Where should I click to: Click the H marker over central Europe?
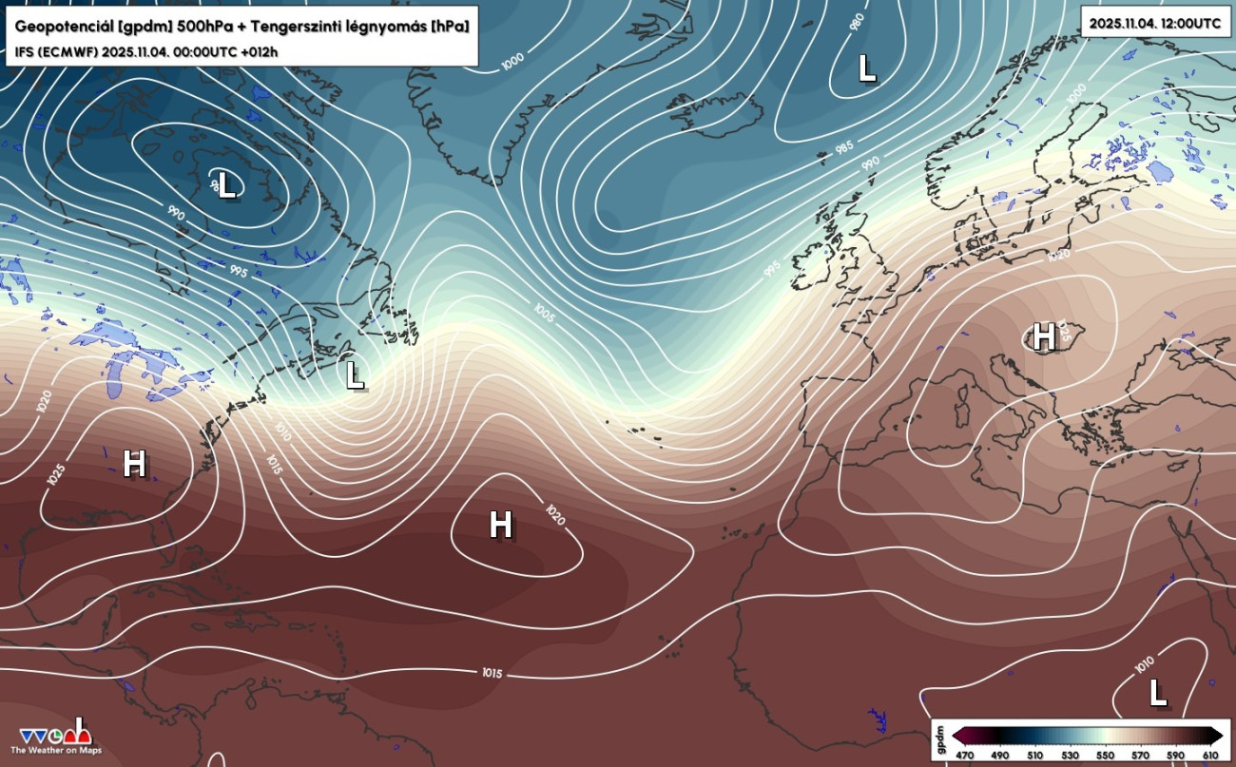[x=1043, y=336]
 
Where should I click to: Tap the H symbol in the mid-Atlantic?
[x=500, y=524]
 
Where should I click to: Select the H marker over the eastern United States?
[x=134, y=464]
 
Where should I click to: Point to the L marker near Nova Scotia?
[x=355, y=374]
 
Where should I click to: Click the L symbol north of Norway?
[x=865, y=67]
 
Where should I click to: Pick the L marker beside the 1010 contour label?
[x=1157, y=693]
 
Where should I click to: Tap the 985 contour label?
[x=843, y=148]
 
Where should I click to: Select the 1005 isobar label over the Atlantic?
[x=544, y=313]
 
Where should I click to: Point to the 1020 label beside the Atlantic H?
[x=555, y=515]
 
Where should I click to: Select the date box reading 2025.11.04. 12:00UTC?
[x=1155, y=23]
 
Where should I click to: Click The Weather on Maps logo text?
[x=56, y=751]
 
